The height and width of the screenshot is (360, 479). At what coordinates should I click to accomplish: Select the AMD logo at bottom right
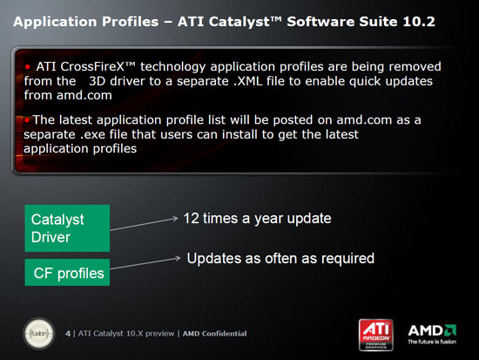[x=433, y=329]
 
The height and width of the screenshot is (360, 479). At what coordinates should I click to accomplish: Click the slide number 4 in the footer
[x=70, y=333]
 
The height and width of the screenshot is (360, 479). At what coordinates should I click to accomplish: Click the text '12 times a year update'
[x=258, y=217]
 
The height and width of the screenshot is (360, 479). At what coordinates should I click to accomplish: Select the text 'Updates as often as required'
[x=280, y=258]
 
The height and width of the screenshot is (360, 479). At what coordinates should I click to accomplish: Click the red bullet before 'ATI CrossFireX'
[x=28, y=65]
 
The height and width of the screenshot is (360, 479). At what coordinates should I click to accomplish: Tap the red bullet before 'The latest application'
[x=26, y=119]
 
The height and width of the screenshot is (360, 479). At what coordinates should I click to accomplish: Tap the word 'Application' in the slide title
[x=51, y=15]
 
